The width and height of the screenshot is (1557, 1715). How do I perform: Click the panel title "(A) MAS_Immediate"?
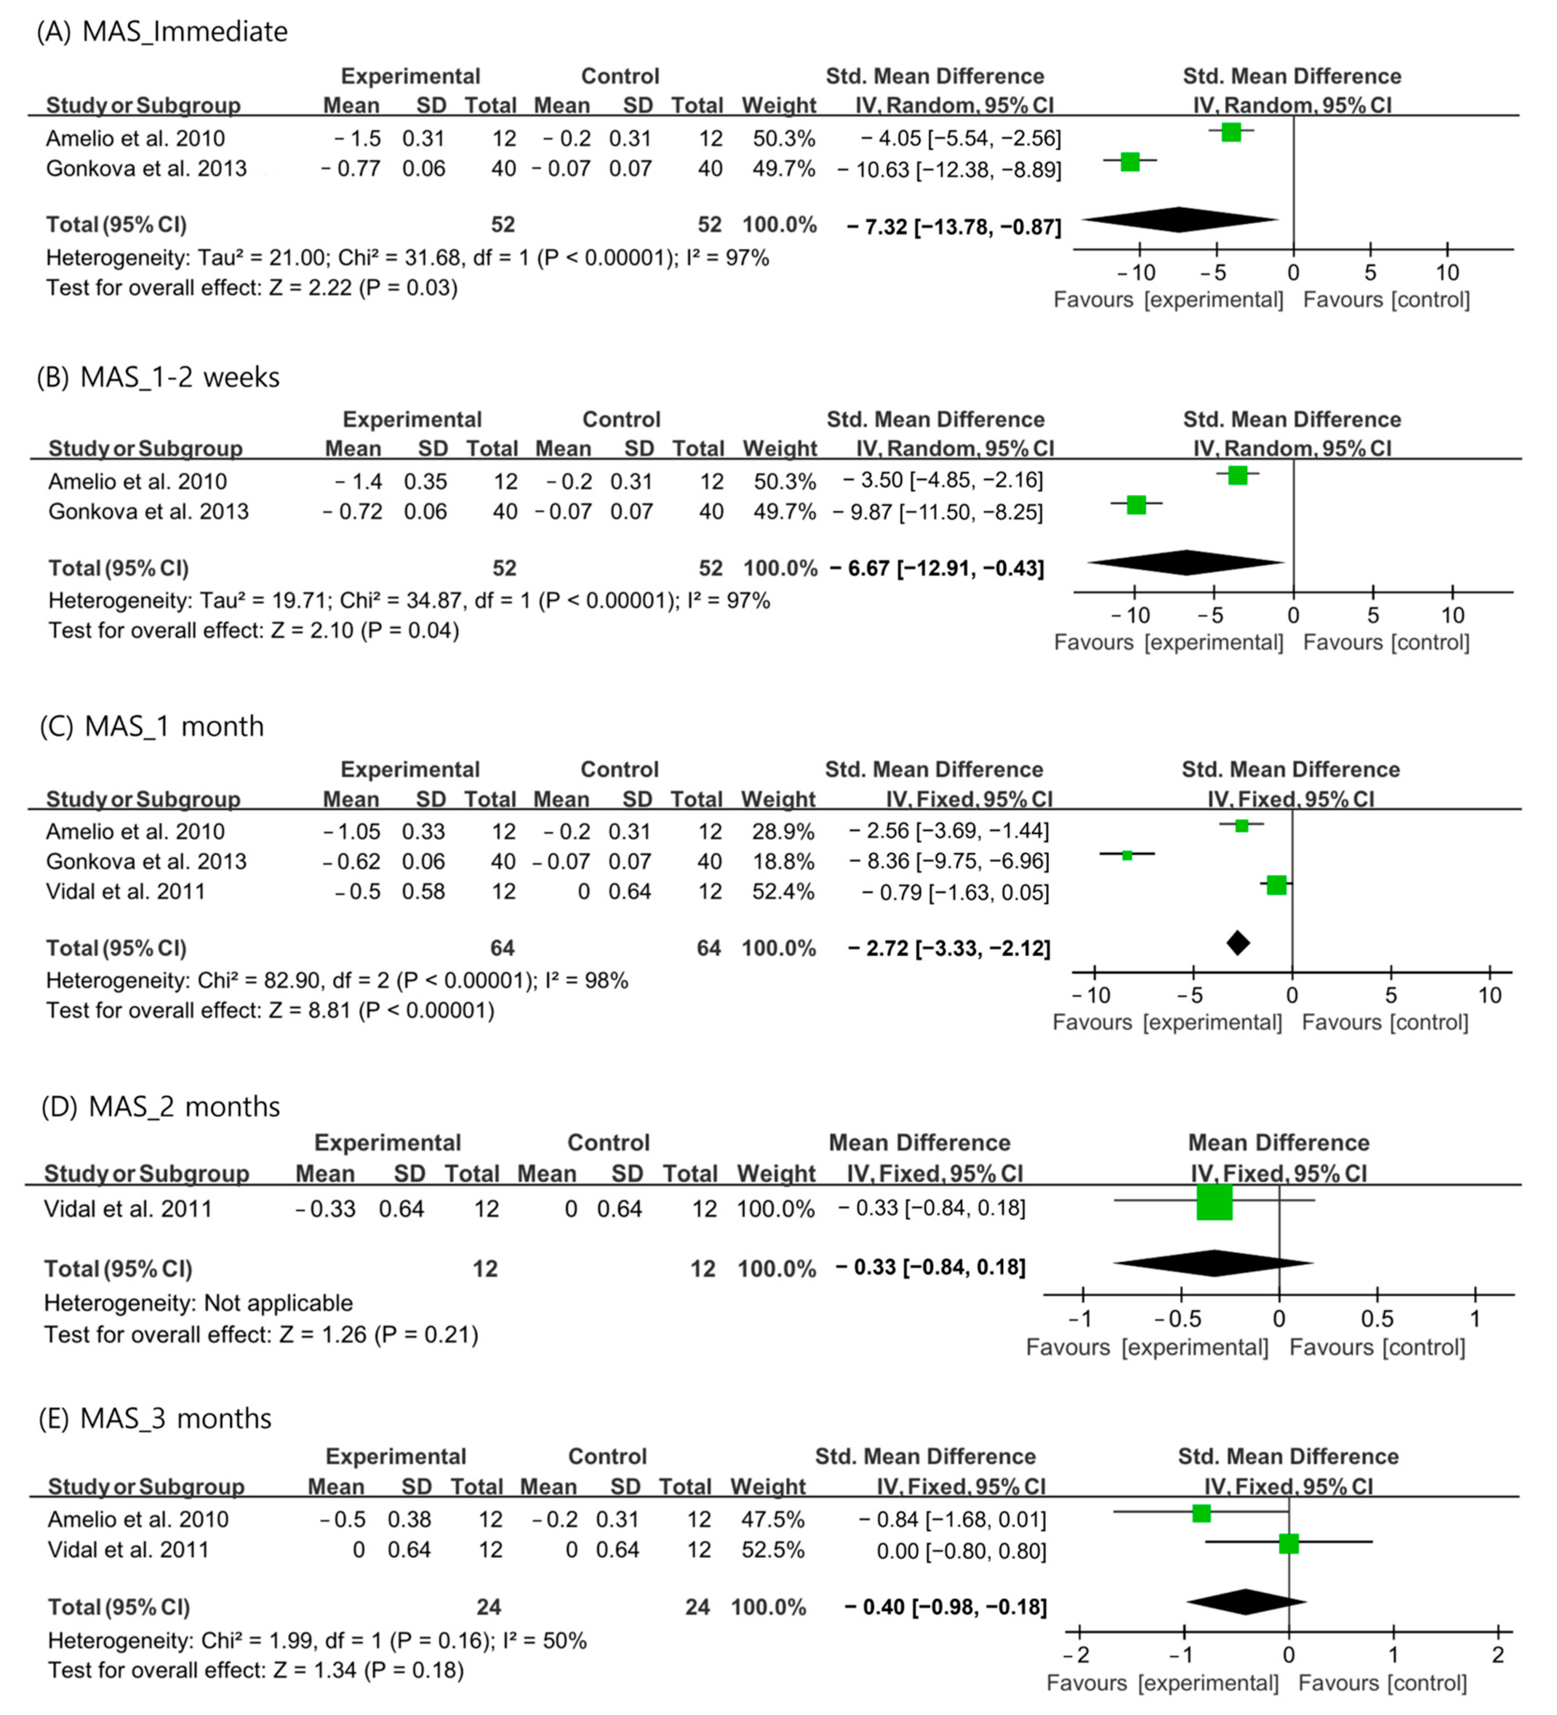pos(162,31)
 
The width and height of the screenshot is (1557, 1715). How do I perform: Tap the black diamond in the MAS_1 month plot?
pos(1238,943)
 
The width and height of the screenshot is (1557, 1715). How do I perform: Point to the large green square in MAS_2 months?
pos(1214,1201)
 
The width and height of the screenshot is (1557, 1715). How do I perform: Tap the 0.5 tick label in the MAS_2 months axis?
pos(1376,1319)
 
